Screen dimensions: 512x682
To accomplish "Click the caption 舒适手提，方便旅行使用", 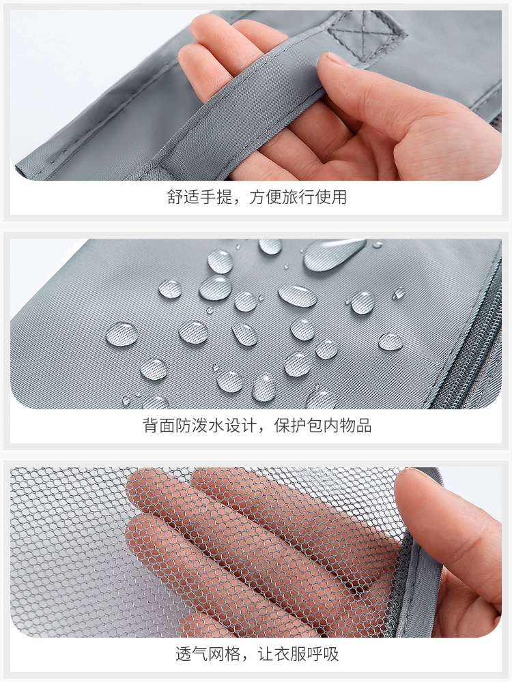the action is (x=257, y=197).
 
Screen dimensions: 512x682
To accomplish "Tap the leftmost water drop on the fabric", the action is (x=122, y=334).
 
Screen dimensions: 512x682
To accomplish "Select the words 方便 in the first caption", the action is (x=266, y=197).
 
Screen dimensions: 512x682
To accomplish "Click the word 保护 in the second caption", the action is (x=290, y=426).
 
